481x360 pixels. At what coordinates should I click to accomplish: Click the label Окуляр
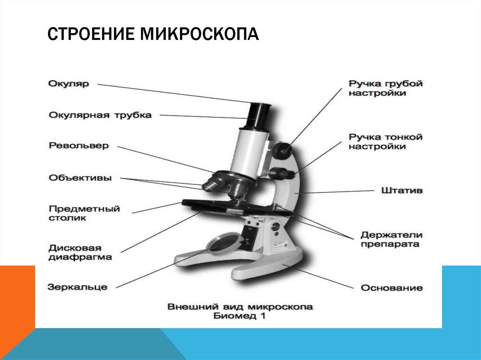click(69, 84)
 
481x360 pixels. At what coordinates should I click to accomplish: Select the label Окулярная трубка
click(100, 115)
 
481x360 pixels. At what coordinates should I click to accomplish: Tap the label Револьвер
click(78, 145)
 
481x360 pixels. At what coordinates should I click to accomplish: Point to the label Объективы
click(80, 177)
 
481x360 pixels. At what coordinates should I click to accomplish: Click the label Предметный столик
click(84, 213)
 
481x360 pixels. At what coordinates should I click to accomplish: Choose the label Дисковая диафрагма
click(80, 253)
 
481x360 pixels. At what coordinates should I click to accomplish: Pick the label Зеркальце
click(78, 287)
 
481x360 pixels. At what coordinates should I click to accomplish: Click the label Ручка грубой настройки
click(386, 88)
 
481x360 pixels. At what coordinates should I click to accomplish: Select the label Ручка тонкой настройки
click(386, 141)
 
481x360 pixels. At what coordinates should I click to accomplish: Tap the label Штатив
click(402, 190)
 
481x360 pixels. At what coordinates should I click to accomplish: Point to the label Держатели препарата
click(391, 239)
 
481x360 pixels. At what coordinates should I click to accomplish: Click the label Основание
click(392, 288)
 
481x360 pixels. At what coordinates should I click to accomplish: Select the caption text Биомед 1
click(239, 316)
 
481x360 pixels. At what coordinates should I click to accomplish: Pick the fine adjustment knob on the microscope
click(281, 173)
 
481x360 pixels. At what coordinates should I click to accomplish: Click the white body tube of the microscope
click(249, 152)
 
